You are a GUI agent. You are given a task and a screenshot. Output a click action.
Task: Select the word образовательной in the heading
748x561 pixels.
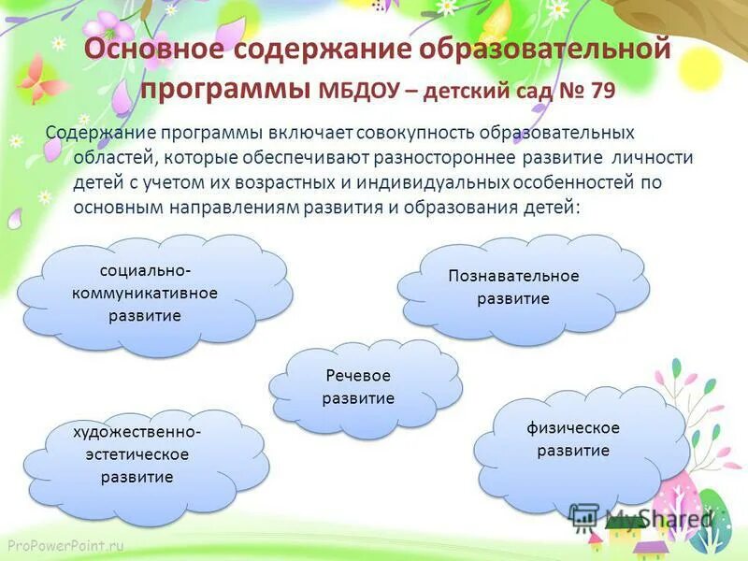click(x=554, y=50)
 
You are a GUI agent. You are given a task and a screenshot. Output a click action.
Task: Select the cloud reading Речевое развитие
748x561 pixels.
click(x=358, y=386)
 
